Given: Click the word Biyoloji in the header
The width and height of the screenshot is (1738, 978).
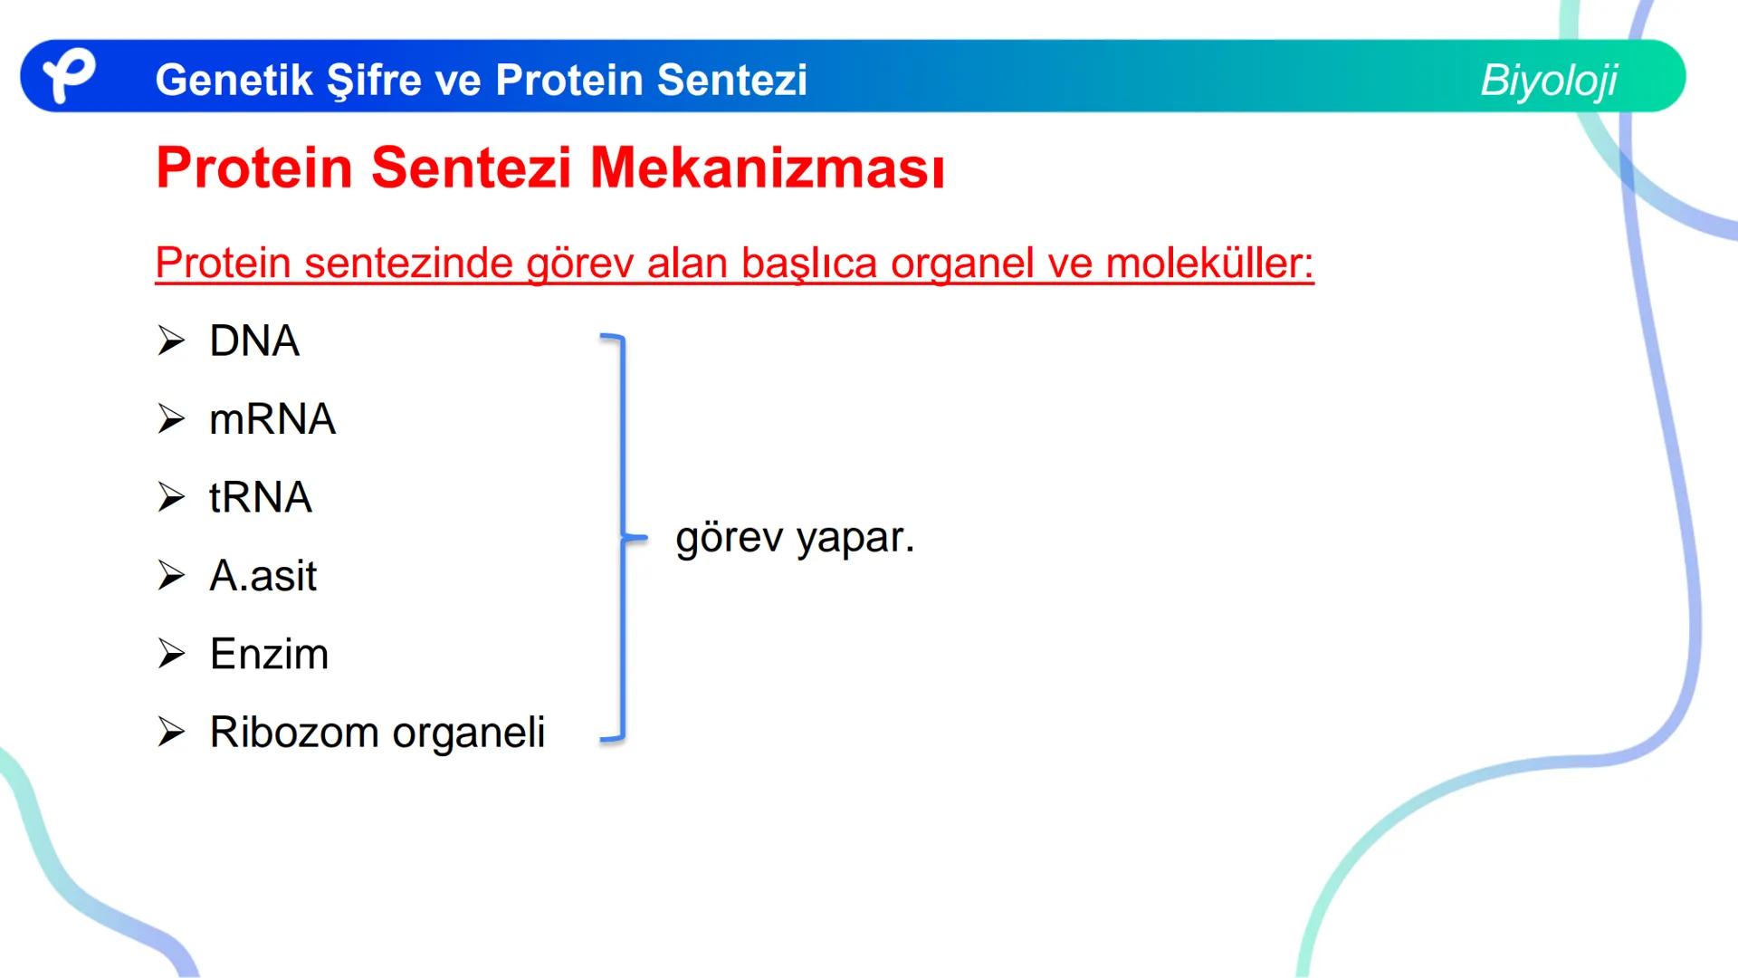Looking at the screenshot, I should (x=1548, y=80).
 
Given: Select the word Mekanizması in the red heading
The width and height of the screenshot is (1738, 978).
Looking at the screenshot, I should (x=767, y=168).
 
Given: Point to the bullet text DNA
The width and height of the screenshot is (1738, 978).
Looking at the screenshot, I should (x=254, y=341).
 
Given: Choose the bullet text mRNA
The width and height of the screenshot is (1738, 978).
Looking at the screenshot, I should (x=272, y=419).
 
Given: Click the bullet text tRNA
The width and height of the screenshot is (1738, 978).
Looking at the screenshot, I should (x=261, y=497).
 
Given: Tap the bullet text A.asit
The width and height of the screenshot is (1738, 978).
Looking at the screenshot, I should (x=263, y=576).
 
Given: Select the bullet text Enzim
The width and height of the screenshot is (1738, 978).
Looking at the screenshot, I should (x=269, y=654).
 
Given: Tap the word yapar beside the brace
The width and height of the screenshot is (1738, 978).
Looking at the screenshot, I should (x=855, y=538).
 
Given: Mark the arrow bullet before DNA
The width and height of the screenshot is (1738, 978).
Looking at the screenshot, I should (x=171, y=341).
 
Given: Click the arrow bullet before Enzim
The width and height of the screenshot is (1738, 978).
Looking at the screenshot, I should (x=171, y=654).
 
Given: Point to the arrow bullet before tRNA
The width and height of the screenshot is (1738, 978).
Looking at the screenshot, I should (x=171, y=497).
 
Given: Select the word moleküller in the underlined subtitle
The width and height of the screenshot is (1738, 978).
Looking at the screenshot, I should (x=1209, y=264).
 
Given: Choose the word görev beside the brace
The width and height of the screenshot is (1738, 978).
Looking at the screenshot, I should (x=729, y=538).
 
